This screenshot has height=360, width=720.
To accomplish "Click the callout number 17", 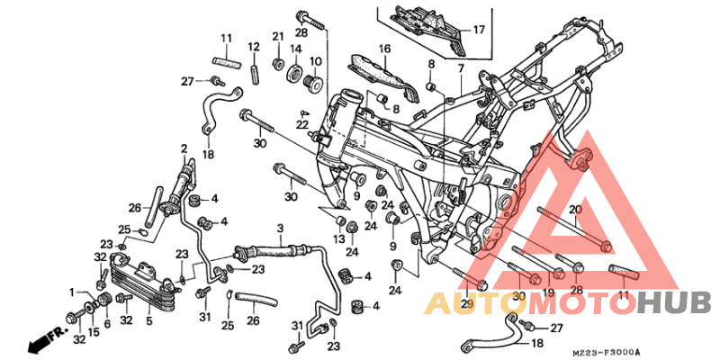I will [x=479, y=30].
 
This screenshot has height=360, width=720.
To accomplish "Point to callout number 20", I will [x=576, y=210].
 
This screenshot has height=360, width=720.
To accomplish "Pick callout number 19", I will [x=545, y=294].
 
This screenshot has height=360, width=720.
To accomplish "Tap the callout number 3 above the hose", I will [x=280, y=229].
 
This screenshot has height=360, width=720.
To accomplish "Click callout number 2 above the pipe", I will [x=184, y=148].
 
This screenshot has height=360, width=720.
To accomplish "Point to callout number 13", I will [x=338, y=239].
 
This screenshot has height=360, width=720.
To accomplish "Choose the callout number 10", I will [x=316, y=61].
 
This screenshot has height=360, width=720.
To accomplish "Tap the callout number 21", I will [x=278, y=36].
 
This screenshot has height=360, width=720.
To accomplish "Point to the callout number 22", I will [x=303, y=124].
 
